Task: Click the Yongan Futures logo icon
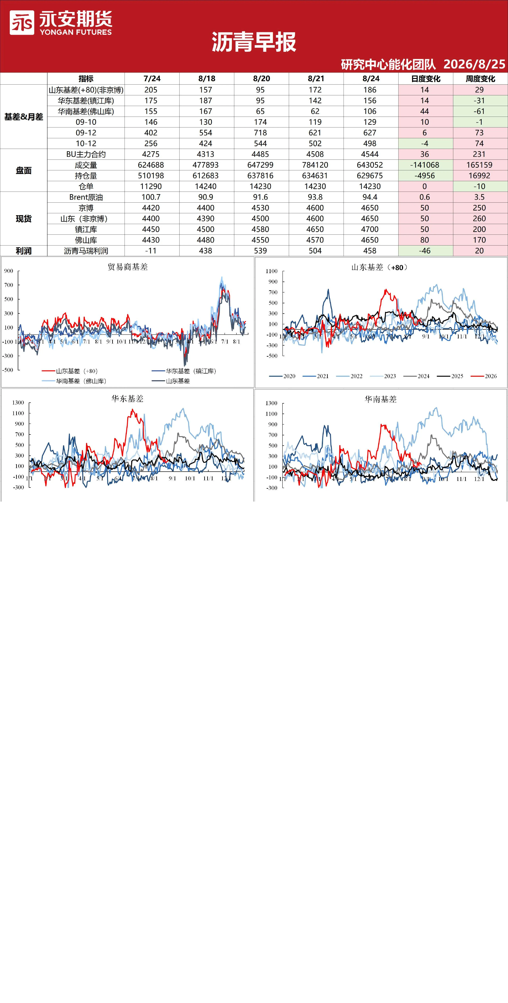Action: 22,23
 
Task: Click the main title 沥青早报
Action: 254,42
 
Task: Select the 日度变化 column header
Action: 425,79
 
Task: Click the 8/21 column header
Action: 316,79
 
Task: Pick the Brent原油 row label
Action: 86,197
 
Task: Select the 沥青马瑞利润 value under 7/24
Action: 151,251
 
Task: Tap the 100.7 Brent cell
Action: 151,197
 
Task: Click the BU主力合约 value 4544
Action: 370,154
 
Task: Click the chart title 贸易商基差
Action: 128,267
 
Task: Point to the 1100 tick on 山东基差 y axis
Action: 272,271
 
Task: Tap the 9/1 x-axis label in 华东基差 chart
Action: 172,478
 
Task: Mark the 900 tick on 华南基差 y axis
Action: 273,424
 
